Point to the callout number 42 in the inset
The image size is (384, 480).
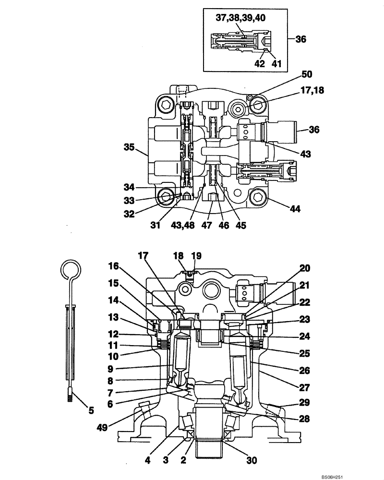[259, 63]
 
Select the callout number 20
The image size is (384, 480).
[305, 268]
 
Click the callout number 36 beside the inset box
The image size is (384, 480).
[300, 39]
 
